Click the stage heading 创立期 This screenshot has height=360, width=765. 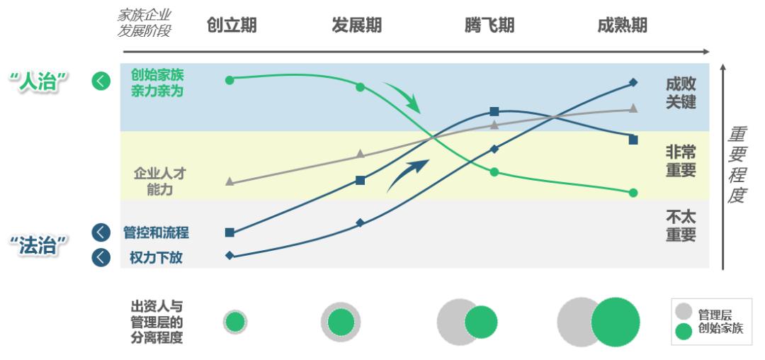click(232, 26)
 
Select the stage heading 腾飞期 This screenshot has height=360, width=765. click(489, 26)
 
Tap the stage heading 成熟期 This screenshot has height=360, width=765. click(622, 26)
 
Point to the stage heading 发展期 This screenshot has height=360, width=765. click(356, 26)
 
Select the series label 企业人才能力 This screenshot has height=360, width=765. click(159, 181)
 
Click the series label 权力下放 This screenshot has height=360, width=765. click(156, 257)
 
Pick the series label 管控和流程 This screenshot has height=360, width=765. click(156, 232)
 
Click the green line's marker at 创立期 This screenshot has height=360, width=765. click(229, 80)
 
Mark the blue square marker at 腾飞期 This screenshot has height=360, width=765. click(494, 111)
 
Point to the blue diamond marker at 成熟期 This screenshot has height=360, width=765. click(633, 82)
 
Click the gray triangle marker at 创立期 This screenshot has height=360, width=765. click(229, 181)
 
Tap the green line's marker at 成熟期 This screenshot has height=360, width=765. click(633, 193)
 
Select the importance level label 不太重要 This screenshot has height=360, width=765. click(681, 225)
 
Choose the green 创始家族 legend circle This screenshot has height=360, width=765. click(684, 330)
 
